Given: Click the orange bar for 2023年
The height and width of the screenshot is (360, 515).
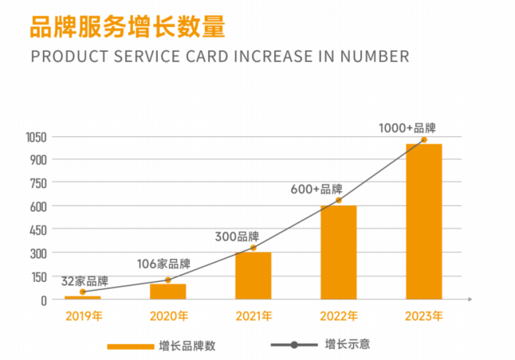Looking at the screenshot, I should click(x=423, y=221).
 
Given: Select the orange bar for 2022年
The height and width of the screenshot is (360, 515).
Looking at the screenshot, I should click(x=338, y=252).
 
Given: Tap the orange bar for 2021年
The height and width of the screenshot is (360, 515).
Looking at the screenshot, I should click(x=253, y=276).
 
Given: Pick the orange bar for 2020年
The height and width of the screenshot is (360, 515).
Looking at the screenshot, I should click(x=167, y=291).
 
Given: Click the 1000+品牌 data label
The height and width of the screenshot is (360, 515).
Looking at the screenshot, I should click(x=407, y=127).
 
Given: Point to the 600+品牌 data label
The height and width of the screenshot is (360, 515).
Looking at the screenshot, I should click(x=316, y=190).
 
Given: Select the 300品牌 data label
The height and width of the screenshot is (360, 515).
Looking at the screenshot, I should click(x=237, y=237).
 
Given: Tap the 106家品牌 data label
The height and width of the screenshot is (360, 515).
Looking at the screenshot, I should click(x=163, y=264).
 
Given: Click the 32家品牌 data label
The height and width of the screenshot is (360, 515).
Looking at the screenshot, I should click(x=85, y=282).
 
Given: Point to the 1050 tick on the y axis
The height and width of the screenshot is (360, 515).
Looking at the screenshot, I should click(x=36, y=136).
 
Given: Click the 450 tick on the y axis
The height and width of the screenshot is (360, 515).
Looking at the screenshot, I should click(x=39, y=229).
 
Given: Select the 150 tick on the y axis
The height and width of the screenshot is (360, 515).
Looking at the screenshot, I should click(x=39, y=276).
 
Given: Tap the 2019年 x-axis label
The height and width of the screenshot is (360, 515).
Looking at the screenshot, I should click(x=84, y=315).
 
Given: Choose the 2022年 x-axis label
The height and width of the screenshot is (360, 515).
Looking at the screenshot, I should click(x=339, y=315).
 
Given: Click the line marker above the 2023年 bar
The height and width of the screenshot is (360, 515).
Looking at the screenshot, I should click(x=423, y=139).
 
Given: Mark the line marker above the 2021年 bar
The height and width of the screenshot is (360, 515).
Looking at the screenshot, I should click(x=254, y=248).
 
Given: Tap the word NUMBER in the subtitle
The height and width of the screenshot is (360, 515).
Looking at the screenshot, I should click(x=374, y=57).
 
